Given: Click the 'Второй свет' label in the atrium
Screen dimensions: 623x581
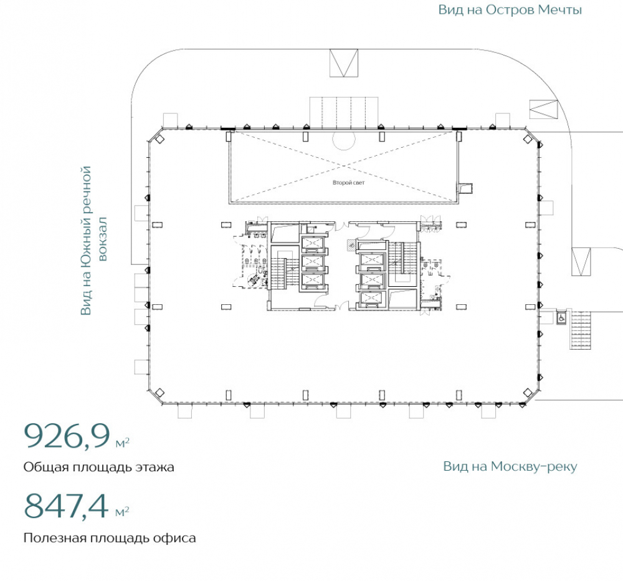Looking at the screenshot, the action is pyautogui.click(x=348, y=183).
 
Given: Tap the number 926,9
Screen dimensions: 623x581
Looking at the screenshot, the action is pyautogui.click(x=67, y=436).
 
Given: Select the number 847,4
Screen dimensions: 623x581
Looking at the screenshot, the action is pyautogui.click(x=66, y=505).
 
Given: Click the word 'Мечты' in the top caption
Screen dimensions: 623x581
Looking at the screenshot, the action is pyautogui.click(x=560, y=9).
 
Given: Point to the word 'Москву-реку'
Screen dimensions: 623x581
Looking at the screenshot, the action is pyautogui.click(x=534, y=466).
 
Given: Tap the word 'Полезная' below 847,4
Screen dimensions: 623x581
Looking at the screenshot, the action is pyautogui.click(x=55, y=538).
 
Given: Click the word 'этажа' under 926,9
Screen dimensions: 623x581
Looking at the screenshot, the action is pyautogui.click(x=155, y=467).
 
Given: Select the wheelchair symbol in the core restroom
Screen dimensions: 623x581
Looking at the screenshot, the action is pyautogui.click(x=254, y=280).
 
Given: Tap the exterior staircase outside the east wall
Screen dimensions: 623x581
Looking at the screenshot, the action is pyautogui.click(x=581, y=330).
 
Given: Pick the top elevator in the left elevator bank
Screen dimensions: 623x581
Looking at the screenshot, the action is pyautogui.click(x=313, y=242).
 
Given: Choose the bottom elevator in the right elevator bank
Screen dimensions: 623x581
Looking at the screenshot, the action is pyautogui.click(x=371, y=298).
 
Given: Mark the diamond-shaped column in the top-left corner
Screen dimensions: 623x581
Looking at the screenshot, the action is pyautogui.click(x=159, y=139).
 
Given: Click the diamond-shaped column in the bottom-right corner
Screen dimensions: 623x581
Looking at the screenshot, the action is pyautogui.click(x=527, y=393).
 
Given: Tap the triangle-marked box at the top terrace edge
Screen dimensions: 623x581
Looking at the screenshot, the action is pyautogui.click(x=344, y=63).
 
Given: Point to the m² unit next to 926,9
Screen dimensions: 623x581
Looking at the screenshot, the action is pyautogui.click(x=122, y=443).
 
